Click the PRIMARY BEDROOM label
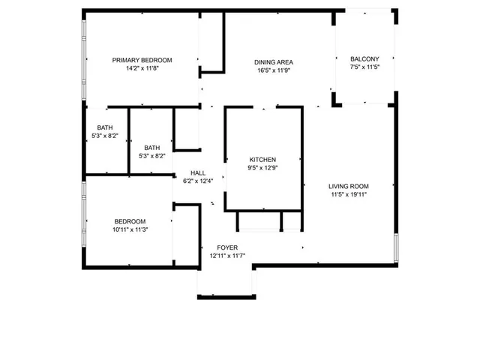(x=142, y=60)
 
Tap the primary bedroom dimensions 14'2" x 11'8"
(x=142, y=68)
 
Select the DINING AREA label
(x=273, y=62)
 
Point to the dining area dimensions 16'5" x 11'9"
(x=273, y=71)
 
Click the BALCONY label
(x=365, y=59)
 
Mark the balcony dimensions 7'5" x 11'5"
(x=365, y=67)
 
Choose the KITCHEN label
(x=263, y=160)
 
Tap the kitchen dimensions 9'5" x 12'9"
(x=263, y=169)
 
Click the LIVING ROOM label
(x=349, y=186)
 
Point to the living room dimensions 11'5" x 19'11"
(x=349, y=195)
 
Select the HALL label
(x=198, y=172)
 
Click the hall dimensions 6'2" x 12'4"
(x=199, y=181)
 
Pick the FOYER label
(x=227, y=247)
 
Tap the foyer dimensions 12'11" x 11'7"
(x=227, y=256)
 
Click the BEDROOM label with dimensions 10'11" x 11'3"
(x=130, y=221)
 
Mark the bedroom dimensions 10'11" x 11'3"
(x=130, y=230)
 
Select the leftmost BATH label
(x=104, y=127)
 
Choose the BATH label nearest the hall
(x=152, y=148)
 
